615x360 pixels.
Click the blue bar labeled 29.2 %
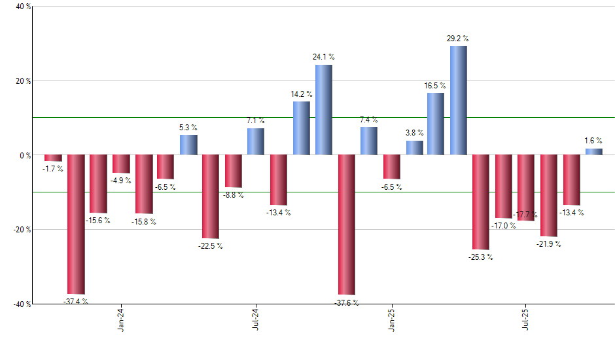[x=459, y=100]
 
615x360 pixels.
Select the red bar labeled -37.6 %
[x=346, y=225]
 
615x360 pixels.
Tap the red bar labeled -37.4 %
[x=76, y=225]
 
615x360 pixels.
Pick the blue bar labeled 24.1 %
[x=324, y=110]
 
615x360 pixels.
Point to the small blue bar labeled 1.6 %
[x=594, y=152]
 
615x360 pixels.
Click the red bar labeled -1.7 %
[x=54, y=158]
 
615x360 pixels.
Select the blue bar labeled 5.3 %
[x=188, y=145]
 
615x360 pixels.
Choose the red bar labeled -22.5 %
[x=211, y=196]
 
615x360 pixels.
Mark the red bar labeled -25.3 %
[x=481, y=202]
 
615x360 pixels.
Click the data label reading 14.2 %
[x=302, y=94]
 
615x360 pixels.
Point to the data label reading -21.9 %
[x=548, y=244]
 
